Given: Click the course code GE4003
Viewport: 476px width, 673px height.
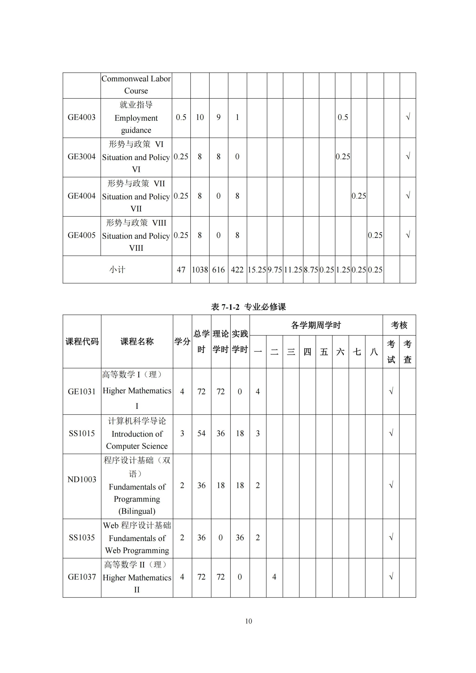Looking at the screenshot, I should [82, 117].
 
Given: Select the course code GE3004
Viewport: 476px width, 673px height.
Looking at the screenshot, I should [82, 157].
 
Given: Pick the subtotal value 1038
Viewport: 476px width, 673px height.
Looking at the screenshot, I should [200, 270].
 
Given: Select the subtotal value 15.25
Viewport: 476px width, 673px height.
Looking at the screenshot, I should [257, 270].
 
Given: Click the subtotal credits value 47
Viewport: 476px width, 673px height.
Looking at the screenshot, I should [181, 270].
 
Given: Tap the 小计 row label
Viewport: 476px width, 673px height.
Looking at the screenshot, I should [117, 270].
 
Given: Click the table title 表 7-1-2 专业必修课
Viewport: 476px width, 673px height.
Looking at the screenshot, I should [248, 307].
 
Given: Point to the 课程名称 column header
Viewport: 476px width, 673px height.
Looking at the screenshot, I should [137, 341].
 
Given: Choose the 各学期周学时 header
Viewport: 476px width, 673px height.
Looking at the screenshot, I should [316, 325].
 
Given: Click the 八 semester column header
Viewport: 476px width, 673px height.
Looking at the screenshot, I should [374, 352].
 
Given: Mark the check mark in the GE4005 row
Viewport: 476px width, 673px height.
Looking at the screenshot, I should [408, 235].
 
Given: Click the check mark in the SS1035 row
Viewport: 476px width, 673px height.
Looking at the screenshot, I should [391, 538].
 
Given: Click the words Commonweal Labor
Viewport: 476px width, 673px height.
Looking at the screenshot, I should [136, 79].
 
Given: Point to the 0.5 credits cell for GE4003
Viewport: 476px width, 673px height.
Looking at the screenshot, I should [181, 117].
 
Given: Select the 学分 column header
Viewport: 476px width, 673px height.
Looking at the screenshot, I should [182, 341].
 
